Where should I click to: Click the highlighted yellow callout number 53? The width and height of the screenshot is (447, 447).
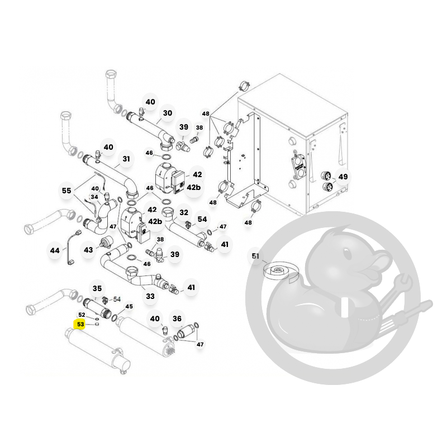80,325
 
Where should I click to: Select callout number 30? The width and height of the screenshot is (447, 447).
168,113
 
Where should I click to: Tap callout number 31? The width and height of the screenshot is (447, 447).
126,159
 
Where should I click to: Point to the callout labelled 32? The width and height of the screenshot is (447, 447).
184,212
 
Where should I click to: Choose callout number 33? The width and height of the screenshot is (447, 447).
150,296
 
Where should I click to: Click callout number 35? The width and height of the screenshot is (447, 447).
97,288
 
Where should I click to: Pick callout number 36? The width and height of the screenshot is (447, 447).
177,318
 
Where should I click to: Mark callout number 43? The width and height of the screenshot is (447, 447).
88,250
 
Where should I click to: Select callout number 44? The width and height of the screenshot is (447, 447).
55,250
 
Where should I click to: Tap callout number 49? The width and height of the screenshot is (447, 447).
343,177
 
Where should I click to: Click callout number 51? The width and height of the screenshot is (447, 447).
255,256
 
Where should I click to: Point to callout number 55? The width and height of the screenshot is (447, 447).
66,191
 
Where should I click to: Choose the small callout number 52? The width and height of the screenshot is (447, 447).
82,315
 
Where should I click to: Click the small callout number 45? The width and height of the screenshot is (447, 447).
129,306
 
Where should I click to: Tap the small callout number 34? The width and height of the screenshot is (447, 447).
94,197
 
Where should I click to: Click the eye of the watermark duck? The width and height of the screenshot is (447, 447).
346,253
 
